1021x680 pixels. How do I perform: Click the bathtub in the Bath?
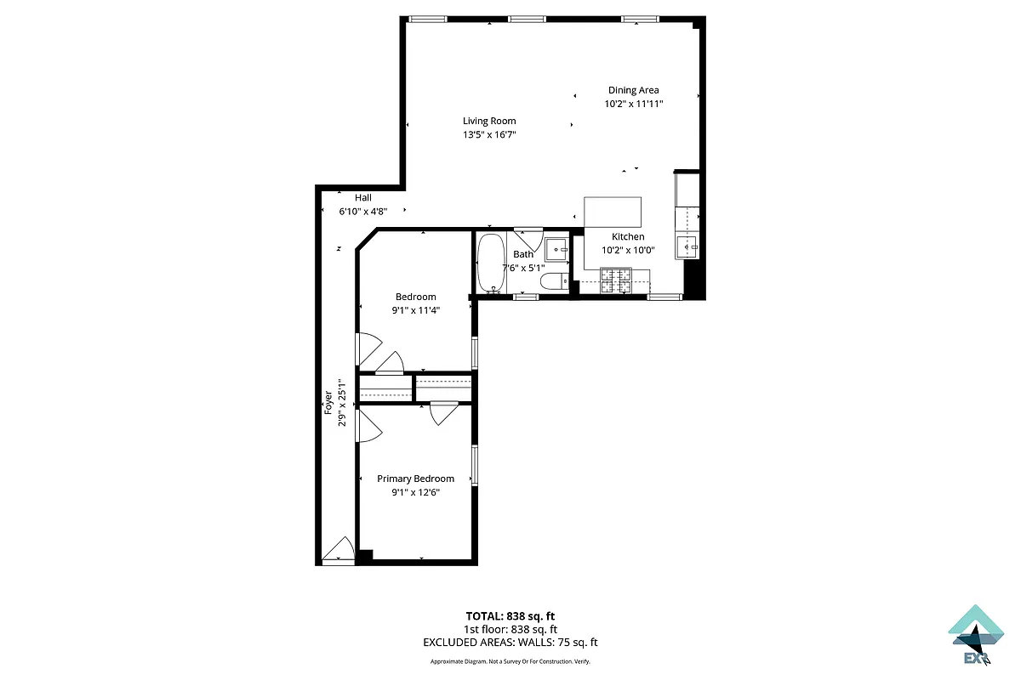click(490, 263)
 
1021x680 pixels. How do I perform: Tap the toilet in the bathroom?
click(554, 282)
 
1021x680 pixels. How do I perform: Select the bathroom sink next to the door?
click(556, 248)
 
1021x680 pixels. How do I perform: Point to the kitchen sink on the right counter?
click(687, 246)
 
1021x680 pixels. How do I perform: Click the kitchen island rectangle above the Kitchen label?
click(613, 210)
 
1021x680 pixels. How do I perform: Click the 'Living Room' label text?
click(489, 121)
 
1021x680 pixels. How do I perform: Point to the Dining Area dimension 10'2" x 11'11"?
click(633, 104)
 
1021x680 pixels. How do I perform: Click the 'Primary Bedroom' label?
click(415, 479)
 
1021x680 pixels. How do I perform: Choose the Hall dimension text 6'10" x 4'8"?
click(363, 211)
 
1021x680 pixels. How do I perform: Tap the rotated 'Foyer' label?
click(328, 401)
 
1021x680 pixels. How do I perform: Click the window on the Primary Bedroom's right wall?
click(475, 464)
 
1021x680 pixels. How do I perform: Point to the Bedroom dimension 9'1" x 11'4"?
click(415, 310)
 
